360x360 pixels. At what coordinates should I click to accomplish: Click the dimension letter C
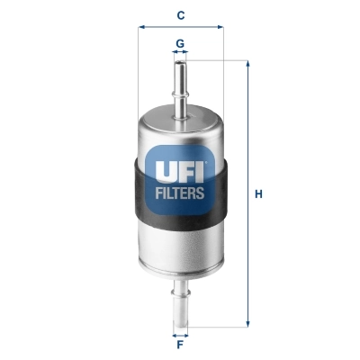[180, 14]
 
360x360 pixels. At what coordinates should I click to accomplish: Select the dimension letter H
[258, 193]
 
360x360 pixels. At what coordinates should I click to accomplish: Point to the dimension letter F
[180, 343]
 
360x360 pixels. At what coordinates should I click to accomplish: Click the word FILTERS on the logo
[181, 192]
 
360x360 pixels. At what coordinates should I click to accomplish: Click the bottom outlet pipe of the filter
[180, 301]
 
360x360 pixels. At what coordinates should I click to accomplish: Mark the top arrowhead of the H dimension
[247, 64]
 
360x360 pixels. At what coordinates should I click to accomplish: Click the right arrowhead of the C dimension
[219, 28]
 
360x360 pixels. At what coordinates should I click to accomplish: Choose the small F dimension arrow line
[180, 330]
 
